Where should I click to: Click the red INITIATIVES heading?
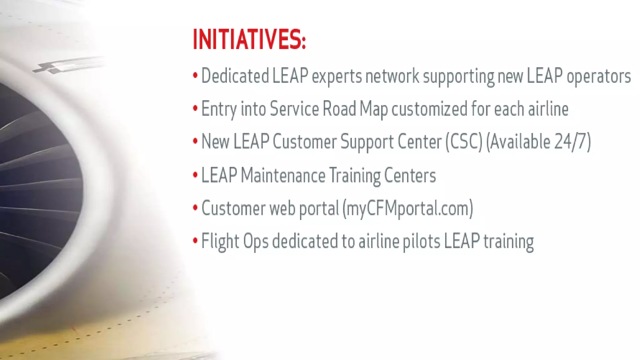[249, 39]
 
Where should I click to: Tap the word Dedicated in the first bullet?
[235, 76]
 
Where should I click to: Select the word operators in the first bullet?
[598, 77]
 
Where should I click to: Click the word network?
[392, 76]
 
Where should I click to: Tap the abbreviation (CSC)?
[464, 142]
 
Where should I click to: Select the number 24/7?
[570, 142]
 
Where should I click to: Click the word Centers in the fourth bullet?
[410, 175]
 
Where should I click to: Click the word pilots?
[421, 242]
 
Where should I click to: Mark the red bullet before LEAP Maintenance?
[195, 175]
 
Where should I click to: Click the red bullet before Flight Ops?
[195, 241]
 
